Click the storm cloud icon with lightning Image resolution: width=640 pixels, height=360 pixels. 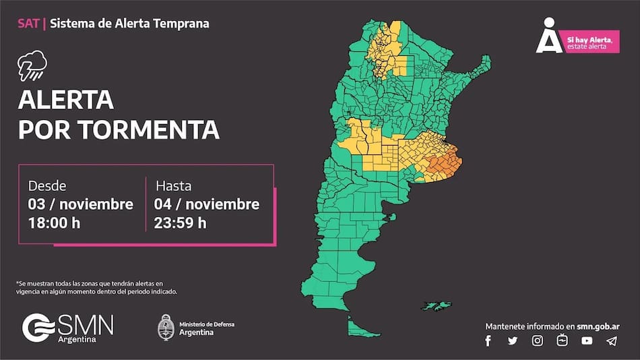coord(32,66)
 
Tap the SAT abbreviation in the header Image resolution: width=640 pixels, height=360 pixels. coord(28,24)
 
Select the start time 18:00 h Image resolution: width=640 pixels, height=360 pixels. coord(54,222)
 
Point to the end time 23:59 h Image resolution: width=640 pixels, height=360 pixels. coord(181,222)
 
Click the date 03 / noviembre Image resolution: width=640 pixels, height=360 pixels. coord(80,204)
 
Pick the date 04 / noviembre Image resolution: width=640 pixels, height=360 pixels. coord(206,204)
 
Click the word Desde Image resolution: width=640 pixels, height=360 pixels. coord(47,185)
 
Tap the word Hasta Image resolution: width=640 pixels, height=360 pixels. coord(174,185)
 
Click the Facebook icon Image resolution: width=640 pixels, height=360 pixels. coord(488,341)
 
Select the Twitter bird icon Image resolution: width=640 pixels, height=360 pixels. coord(513,341)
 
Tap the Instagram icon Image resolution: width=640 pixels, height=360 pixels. coord(537,341)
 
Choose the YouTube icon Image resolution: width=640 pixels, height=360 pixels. coord(587,341)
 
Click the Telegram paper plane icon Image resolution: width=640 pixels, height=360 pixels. coord(611,341)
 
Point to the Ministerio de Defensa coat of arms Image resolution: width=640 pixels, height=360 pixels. coord(166,327)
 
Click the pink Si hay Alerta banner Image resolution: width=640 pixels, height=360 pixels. coord(591,42)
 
